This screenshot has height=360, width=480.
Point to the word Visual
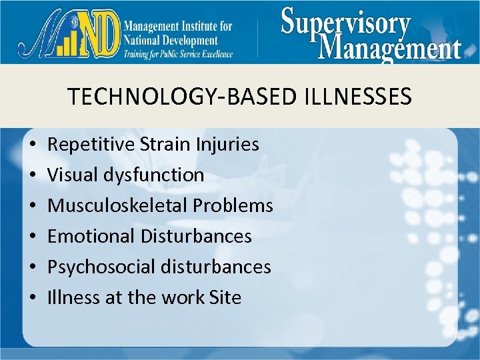tap(73, 175)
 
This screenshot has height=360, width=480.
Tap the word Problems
tap(233, 205)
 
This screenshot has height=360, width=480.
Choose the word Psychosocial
tap(101, 267)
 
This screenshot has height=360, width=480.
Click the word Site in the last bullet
tap(225, 297)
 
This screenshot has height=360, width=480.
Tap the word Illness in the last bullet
tap(74, 297)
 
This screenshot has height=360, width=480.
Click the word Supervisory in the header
tap(345, 23)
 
